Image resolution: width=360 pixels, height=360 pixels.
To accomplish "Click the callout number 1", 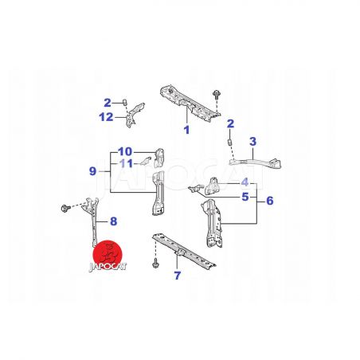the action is coord(187,130).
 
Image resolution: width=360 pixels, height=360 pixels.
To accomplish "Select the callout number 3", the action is coord(253,142).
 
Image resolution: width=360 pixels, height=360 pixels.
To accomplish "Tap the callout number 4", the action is coord(245,182).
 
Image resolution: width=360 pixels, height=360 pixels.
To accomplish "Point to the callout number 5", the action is coord(245,197).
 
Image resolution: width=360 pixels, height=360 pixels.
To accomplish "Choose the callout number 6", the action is coord(270,201).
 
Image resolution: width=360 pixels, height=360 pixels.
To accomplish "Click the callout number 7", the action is coord(177,276).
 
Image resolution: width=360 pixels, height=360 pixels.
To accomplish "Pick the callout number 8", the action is coord(114,221).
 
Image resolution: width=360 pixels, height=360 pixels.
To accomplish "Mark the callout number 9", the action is coord(92,171).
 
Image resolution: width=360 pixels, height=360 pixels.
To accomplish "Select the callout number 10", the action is coord(125,152).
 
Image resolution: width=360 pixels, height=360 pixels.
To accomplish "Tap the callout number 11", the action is coord(126,164).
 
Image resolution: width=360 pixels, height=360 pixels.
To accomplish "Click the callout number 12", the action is coord(106,117).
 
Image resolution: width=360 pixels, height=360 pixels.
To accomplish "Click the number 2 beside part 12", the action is coord(108,103).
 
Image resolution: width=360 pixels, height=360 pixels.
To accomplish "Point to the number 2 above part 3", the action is coord(230,123).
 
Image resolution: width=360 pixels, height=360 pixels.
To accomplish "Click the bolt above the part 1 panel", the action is coord(217,95).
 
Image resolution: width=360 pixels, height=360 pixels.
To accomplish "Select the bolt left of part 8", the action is coord(65,208).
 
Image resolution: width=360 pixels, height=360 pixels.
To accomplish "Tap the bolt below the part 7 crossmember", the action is coord(155,264).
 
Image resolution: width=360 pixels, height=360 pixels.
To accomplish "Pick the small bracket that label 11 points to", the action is coord(146,160).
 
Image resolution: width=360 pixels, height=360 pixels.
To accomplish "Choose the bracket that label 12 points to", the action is coord(135,115).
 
